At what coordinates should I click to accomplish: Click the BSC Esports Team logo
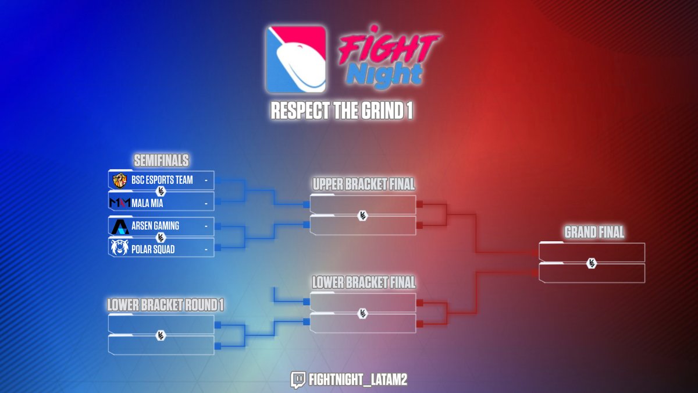pyautogui.click(x=119, y=180)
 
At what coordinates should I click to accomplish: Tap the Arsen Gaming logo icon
pyautogui.click(x=119, y=226)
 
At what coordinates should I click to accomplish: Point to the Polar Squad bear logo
pyautogui.click(x=119, y=249)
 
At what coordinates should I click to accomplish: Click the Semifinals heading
pyautogui.click(x=162, y=161)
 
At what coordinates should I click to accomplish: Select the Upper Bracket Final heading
pyautogui.click(x=364, y=185)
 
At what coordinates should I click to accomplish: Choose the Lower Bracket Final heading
pyautogui.click(x=364, y=282)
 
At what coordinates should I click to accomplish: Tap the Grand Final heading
pyautogui.click(x=594, y=232)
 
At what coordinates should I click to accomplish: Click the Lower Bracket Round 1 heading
pyautogui.click(x=165, y=305)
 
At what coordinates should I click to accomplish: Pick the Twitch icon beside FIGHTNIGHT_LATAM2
pyautogui.click(x=298, y=380)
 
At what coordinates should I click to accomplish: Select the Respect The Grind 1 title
pyautogui.click(x=342, y=111)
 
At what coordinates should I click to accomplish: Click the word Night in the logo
pyautogui.click(x=389, y=75)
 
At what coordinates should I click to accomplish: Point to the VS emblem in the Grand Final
pyautogui.click(x=592, y=263)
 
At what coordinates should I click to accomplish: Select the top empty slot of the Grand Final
pyautogui.click(x=592, y=252)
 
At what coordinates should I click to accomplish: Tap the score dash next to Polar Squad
pyautogui.click(x=206, y=249)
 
